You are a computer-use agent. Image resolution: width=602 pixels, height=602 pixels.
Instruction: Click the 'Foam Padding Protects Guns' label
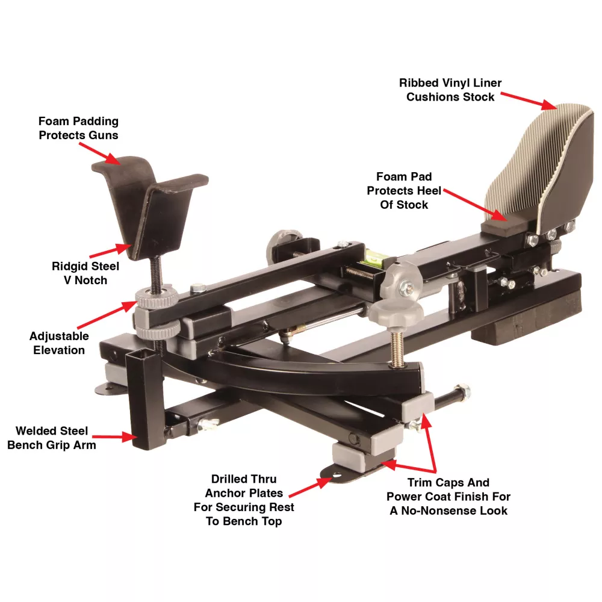click(x=78, y=128)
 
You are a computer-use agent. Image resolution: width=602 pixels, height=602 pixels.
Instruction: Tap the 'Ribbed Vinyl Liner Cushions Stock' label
click(x=450, y=90)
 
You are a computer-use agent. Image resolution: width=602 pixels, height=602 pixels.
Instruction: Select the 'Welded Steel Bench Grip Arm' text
click(x=51, y=438)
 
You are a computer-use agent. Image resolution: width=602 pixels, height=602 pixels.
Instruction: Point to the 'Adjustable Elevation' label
click(x=59, y=343)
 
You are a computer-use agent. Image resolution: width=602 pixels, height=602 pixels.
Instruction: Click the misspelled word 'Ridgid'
click(x=69, y=267)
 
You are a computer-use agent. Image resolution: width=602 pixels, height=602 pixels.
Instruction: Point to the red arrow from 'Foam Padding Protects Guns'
click(x=100, y=154)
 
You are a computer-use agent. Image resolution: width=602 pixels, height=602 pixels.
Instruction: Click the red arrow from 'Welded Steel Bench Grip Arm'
click(x=115, y=437)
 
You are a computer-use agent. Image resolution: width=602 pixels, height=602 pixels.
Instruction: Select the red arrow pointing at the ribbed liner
click(x=529, y=101)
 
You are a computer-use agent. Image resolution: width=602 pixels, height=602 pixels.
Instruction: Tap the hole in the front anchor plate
click(x=337, y=476)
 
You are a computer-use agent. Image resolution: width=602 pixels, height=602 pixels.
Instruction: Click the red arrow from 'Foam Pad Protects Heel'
click(x=476, y=205)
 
